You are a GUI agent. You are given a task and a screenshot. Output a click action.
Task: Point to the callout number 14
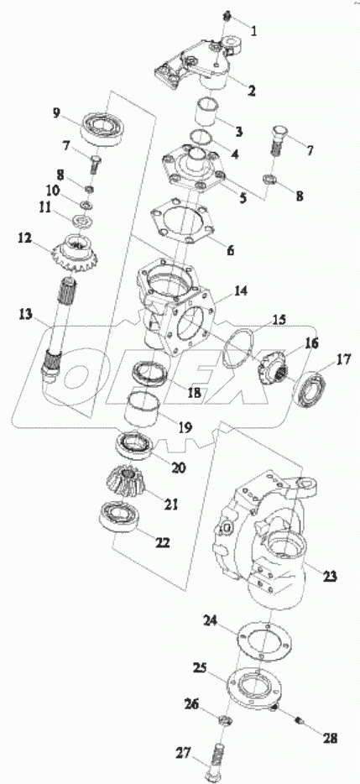pyautogui.click(x=241, y=292)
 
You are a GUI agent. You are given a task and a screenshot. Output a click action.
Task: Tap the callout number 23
pyautogui.click(x=331, y=576)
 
